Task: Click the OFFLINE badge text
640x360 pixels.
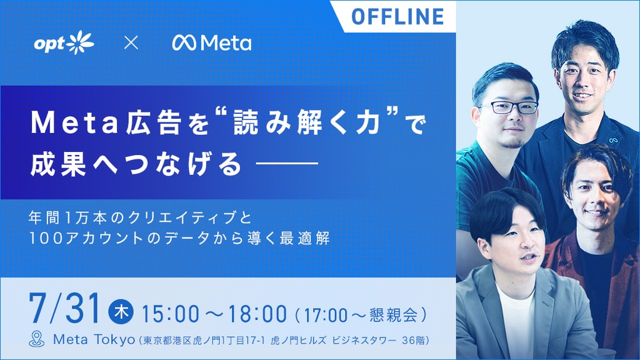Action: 397,16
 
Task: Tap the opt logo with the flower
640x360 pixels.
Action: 64,42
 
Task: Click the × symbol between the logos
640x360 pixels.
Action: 131,42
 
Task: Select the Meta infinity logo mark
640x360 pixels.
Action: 184,43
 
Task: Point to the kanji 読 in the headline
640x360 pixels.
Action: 246,123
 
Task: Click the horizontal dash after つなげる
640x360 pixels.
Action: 286,164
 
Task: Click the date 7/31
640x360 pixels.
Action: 64,308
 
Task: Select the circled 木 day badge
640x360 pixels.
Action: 121,312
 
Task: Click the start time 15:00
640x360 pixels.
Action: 171,314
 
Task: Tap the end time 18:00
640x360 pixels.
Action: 257,314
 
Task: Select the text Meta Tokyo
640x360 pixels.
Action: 94,339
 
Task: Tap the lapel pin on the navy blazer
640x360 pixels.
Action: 612,141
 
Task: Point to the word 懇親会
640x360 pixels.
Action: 394,315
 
